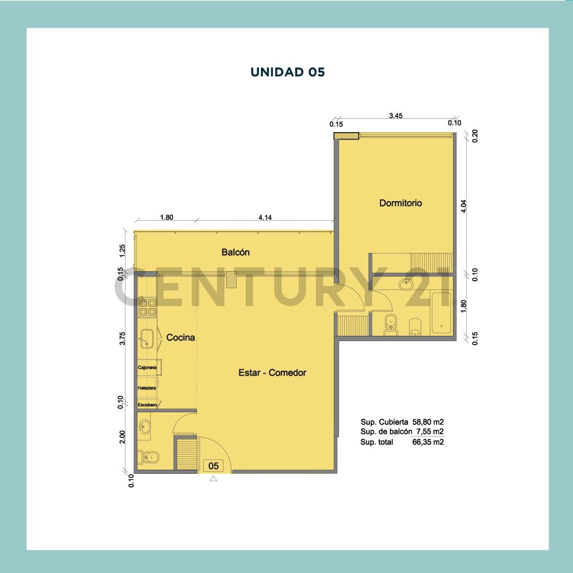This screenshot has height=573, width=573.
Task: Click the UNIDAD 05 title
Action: [287, 72]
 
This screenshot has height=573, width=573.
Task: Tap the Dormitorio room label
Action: [401, 203]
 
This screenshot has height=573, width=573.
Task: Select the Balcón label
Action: [236, 253]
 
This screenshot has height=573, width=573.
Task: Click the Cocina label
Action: [180, 337]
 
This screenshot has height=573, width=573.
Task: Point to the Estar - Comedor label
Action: [272, 373]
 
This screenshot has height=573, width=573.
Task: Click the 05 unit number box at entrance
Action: [214, 466]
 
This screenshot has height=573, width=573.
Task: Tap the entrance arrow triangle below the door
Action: [213, 479]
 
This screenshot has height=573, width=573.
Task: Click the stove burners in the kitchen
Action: [147, 307]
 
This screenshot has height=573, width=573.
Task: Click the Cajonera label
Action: [147, 367]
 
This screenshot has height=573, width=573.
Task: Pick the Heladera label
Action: [146, 388]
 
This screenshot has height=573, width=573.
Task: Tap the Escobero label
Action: [147, 405]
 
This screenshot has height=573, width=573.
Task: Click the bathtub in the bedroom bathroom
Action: [441, 312]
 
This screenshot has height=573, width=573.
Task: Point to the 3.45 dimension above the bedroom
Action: [396, 115]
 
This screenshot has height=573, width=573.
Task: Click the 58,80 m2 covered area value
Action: [428, 422]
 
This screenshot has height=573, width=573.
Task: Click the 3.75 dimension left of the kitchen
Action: [123, 338]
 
